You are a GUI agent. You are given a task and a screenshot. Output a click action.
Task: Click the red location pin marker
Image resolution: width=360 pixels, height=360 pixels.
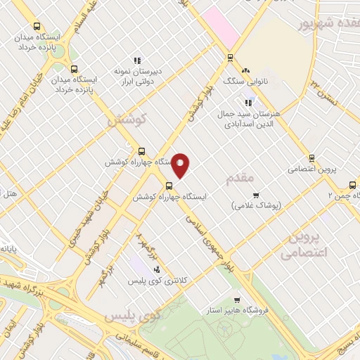(x=181, y=165)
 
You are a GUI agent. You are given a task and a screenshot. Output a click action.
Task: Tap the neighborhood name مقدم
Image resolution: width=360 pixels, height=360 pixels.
(x=239, y=179)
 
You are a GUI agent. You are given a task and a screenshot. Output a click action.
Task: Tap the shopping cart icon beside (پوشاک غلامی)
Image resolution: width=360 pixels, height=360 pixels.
(x=256, y=195)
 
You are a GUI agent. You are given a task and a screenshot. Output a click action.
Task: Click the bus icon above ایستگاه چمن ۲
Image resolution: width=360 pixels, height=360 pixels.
(x=352, y=185)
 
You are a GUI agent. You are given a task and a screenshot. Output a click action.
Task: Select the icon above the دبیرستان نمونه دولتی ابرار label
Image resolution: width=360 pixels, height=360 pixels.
(x=137, y=61)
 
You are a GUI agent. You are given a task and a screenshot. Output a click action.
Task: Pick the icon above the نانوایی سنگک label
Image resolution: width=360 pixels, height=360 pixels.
(x=245, y=71)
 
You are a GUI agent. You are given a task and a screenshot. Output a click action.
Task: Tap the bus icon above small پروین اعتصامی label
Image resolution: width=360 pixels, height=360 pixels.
(x=311, y=159)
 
